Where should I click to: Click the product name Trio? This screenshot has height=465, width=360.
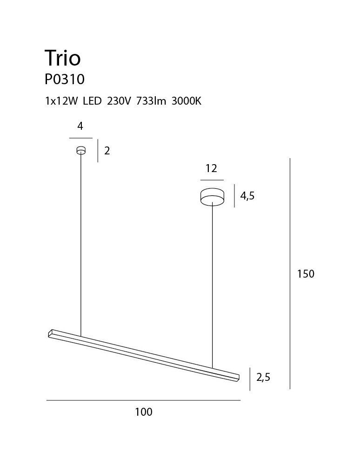[62, 58]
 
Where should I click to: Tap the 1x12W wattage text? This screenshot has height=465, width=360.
[60, 101]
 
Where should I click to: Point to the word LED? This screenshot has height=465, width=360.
[92, 101]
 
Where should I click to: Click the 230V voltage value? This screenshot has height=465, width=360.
[119, 101]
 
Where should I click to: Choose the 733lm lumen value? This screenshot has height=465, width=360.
[151, 101]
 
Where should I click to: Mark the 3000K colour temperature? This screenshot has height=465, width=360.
[186, 101]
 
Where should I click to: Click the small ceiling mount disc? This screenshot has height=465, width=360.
[81, 150]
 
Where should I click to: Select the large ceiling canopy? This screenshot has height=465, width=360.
[212, 197]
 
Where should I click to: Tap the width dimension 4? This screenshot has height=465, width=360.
[80, 126]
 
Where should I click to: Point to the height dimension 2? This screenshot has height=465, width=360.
[107, 151]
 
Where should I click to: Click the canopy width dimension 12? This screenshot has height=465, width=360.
[212, 168]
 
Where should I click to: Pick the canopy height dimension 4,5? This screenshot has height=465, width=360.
[247, 196]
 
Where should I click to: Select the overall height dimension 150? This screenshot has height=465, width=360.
[306, 274]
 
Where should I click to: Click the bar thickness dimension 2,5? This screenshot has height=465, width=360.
[263, 377]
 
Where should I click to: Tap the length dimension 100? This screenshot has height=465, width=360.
[144, 412]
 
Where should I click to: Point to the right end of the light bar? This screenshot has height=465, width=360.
[237, 377]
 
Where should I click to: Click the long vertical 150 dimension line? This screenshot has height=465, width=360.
[290, 274]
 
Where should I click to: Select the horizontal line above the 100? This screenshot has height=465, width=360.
[144, 400]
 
